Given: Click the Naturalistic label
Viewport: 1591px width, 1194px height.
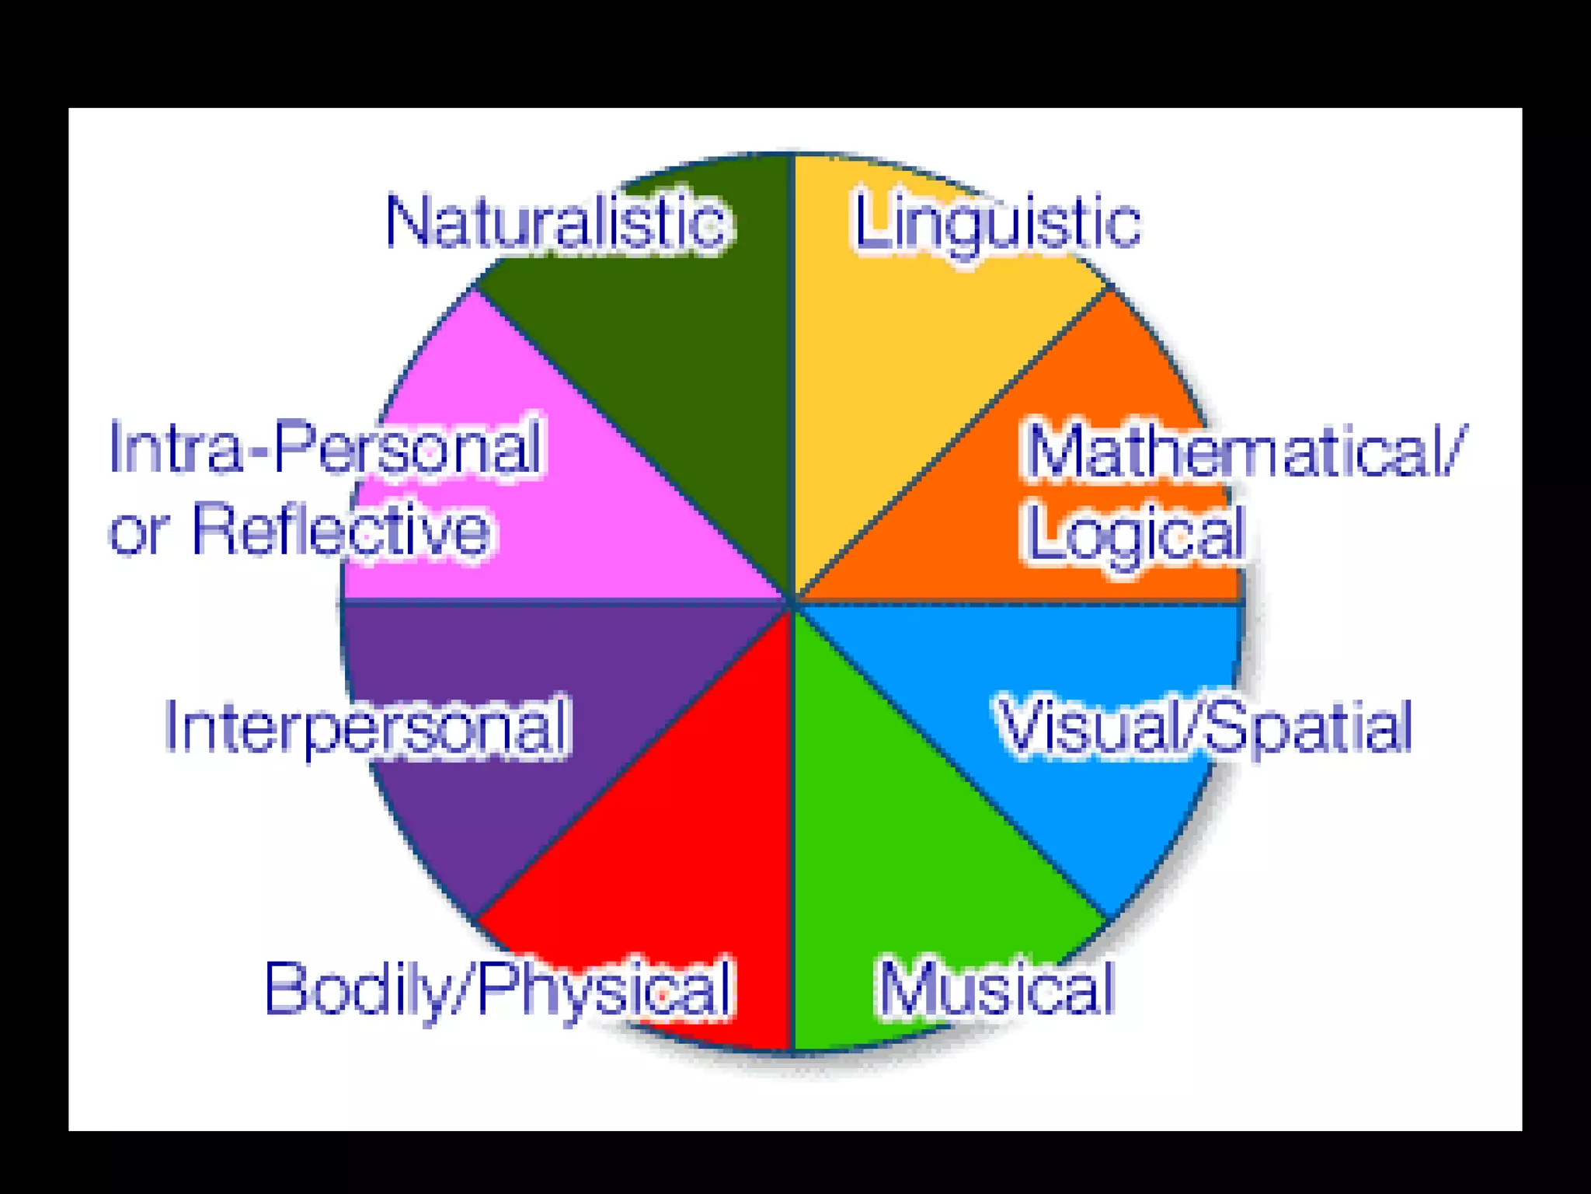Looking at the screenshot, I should pos(556,223).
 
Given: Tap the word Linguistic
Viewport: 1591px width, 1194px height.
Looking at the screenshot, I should pos(997,223).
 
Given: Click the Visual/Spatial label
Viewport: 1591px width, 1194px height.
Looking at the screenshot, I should pos(1204,726).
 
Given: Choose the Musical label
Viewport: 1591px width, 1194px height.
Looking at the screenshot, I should pos(997,989).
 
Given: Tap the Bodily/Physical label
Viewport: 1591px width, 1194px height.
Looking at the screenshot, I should pos(498,989).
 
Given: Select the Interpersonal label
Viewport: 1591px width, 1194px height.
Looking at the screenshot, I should pos(367,726).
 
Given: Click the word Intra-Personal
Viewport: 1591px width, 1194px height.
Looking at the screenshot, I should pos(325,447).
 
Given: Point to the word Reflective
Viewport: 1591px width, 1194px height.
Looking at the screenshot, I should pos(342,530).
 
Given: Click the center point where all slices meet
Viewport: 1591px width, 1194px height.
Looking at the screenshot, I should pos(792,602).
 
